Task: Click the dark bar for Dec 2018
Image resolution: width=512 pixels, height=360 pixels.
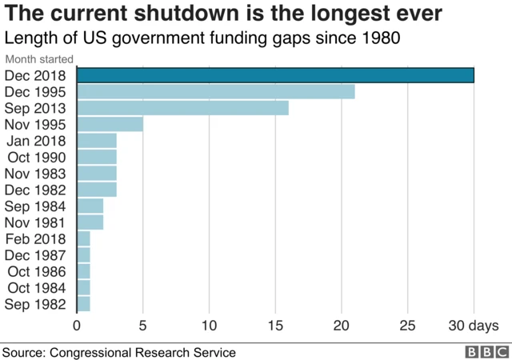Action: tap(275, 75)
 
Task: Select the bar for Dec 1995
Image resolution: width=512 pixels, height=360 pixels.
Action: tap(215, 92)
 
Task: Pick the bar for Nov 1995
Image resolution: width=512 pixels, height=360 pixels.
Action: tap(110, 125)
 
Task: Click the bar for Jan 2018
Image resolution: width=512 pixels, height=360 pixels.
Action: tap(97, 141)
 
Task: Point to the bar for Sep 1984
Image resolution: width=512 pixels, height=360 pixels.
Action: tap(90, 206)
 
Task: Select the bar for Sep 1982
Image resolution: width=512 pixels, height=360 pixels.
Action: tap(84, 304)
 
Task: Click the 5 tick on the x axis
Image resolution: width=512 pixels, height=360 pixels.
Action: tap(143, 326)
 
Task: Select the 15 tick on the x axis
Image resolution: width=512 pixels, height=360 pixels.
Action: tap(275, 326)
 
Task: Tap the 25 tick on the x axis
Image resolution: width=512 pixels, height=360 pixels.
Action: tap(408, 326)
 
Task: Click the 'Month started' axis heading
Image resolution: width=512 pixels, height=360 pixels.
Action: tap(39, 59)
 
